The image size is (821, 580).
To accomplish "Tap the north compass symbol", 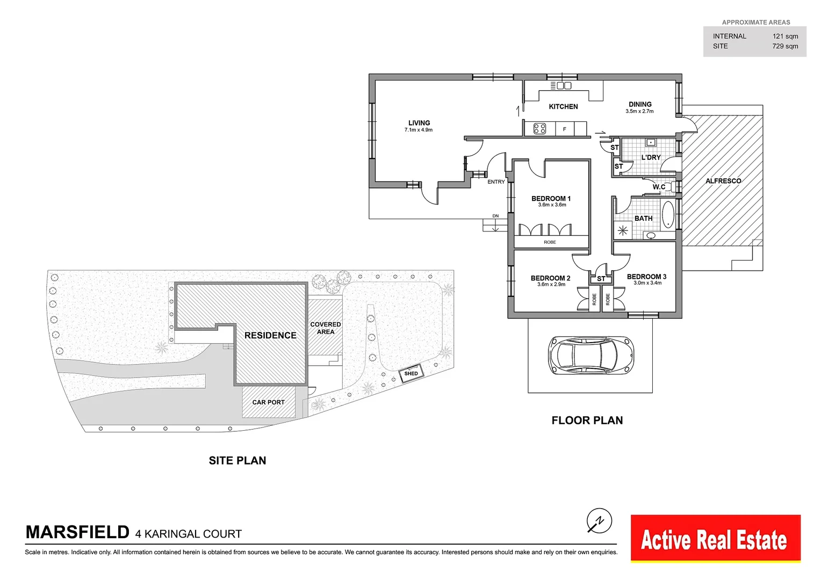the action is click(x=599, y=520).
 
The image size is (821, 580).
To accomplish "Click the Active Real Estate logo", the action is click(x=716, y=538).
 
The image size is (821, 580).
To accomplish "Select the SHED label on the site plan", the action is click(x=411, y=373).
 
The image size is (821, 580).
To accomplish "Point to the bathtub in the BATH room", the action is click(x=668, y=214).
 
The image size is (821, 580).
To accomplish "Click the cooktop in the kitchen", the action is click(x=539, y=128).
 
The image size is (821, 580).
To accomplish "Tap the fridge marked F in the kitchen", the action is click(x=564, y=129).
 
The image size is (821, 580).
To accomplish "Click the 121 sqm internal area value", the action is click(x=785, y=37).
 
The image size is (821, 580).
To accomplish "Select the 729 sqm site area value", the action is click(x=785, y=46).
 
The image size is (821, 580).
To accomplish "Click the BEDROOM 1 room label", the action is click(x=551, y=199).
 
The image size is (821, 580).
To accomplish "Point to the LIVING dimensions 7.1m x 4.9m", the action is click(x=419, y=130).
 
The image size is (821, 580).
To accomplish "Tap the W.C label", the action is click(x=659, y=187).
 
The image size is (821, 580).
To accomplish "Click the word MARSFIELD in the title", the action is click(x=77, y=532).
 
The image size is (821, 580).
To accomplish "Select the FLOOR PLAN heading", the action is click(x=587, y=421).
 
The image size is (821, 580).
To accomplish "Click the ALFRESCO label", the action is click(x=723, y=180).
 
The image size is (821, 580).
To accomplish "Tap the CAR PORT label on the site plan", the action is click(x=268, y=402).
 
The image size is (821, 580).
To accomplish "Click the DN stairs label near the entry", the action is click(x=495, y=216).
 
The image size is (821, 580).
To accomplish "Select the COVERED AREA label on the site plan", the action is click(x=326, y=328).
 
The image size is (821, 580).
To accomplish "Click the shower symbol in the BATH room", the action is click(x=623, y=230).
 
